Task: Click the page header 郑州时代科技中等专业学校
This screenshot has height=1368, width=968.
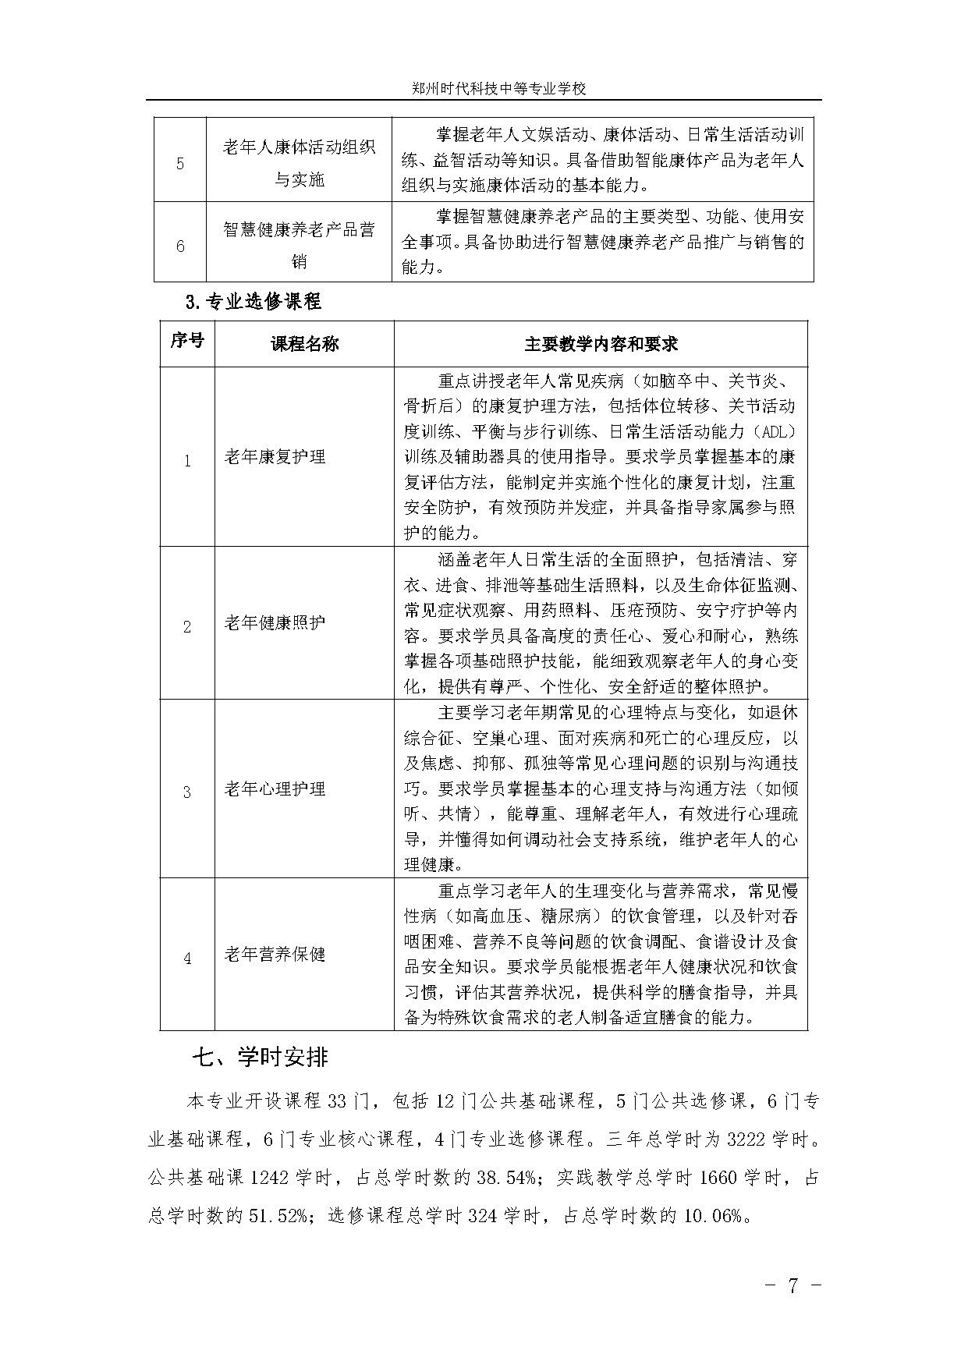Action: point(498,89)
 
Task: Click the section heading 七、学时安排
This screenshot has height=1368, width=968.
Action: point(261,1057)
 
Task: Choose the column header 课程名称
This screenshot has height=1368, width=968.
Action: point(304,344)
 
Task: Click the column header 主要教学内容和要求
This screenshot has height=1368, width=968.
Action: point(601,344)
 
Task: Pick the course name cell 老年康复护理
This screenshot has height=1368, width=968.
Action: point(275,457)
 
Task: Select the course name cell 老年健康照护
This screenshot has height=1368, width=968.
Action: point(275,622)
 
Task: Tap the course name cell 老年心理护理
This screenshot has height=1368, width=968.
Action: point(275,789)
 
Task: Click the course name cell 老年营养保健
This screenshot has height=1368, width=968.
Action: point(275,954)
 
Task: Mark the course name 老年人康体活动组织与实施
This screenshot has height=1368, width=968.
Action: point(299,163)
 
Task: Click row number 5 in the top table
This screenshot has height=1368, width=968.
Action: point(180,164)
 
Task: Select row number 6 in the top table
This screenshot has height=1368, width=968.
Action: point(180,246)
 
